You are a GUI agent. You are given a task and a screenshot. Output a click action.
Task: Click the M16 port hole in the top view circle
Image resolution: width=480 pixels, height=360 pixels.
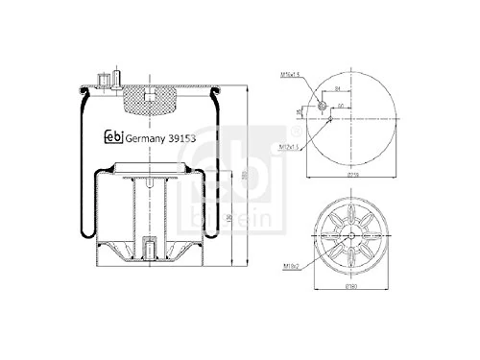[x=321, y=106]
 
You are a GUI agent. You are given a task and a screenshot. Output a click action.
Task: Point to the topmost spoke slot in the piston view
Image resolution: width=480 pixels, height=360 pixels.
[x=349, y=208]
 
